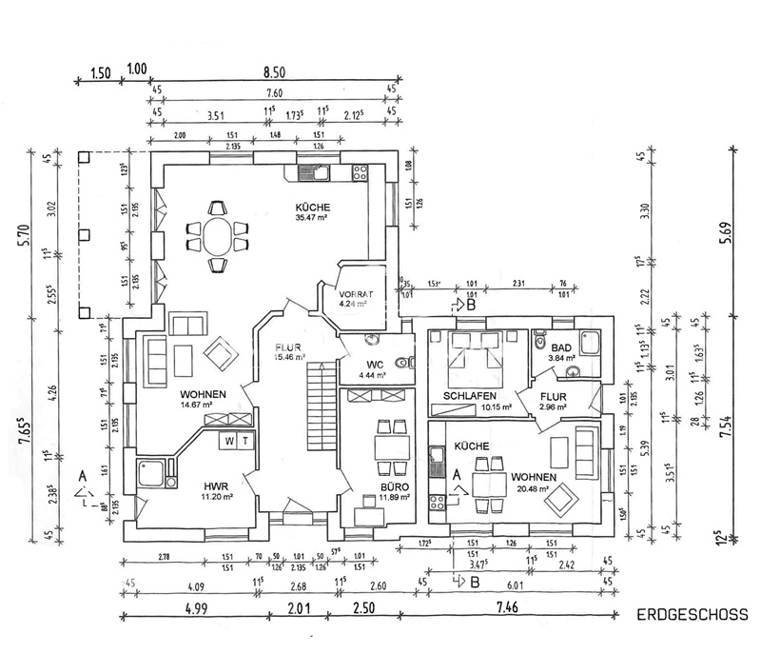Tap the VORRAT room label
tap(356, 295)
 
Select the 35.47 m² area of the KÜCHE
tap(311, 217)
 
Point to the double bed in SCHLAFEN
tap(470, 361)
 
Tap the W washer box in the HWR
tap(228, 440)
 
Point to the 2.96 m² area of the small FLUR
tap(553, 407)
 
